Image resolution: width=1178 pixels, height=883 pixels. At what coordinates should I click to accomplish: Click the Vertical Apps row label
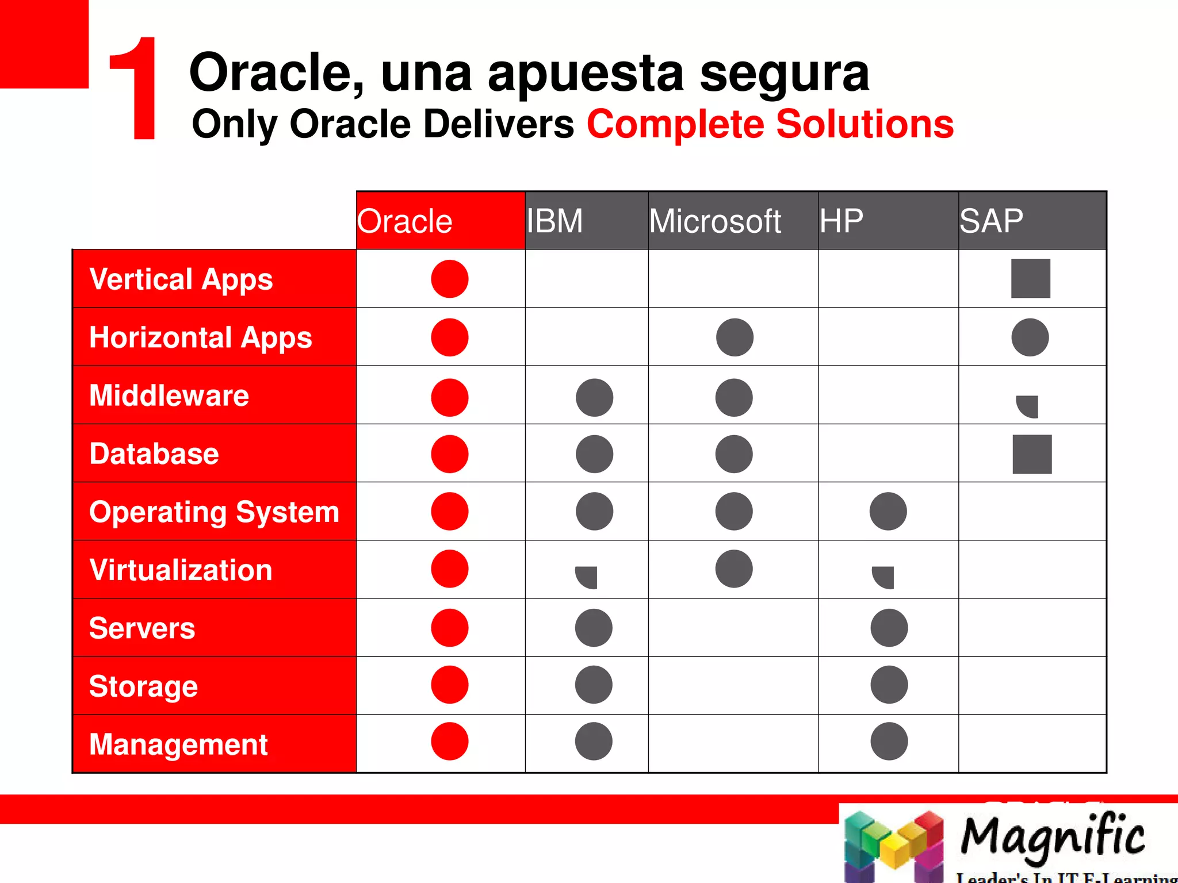pyautogui.click(x=181, y=279)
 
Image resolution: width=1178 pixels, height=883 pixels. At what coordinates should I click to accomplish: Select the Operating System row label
pyautogui.click(x=214, y=512)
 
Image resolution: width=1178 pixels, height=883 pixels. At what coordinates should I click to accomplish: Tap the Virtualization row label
pyautogui.click(x=181, y=570)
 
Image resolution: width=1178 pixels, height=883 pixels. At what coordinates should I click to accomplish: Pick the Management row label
pyautogui.click(x=178, y=744)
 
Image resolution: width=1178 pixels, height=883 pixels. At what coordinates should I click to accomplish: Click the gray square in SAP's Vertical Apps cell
pyautogui.click(x=1030, y=279)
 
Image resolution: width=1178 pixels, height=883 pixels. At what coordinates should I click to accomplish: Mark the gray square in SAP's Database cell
pyautogui.click(x=1032, y=454)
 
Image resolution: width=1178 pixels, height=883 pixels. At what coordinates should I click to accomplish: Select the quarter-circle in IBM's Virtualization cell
pyautogui.click(x=588, y=576)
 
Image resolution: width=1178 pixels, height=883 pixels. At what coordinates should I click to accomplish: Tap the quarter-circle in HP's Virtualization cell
pyautogui.click(x=885, y=576)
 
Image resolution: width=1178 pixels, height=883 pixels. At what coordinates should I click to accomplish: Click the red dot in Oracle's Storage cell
pyautogui.click(x=450, y=685)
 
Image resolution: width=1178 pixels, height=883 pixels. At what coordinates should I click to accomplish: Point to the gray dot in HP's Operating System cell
pyautogui.click(x=888, y=511)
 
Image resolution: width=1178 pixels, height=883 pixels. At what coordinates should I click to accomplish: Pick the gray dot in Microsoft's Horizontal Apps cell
pyautogui.click(x=735, y=337)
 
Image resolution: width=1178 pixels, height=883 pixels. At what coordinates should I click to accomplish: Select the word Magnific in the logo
pyautogui.click(x=1053, y=836)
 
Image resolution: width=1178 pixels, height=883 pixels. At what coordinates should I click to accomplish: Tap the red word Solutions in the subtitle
pyautogui.click(x=865, y=124)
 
